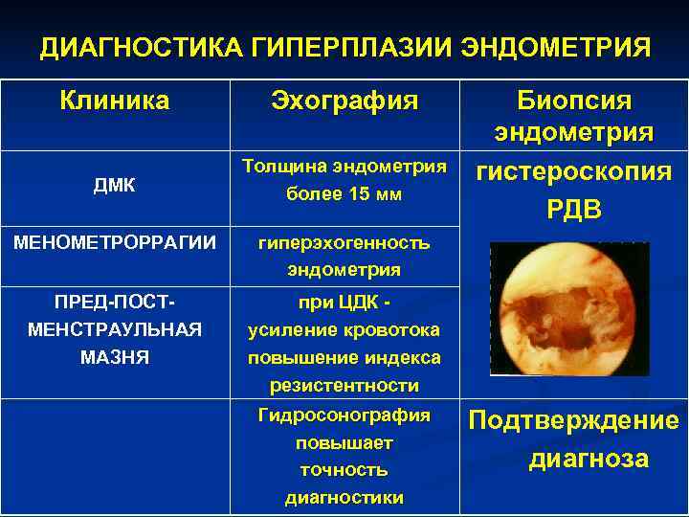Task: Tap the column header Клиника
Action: (114, 101)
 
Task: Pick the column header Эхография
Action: (344, 101)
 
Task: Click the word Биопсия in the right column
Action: (574, 101)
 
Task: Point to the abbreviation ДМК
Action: (114, 186)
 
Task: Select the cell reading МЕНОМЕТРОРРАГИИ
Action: (114, 241)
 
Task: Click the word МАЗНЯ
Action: (114, 358)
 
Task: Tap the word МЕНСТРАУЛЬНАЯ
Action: (114, 330)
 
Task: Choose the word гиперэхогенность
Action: (344, 242)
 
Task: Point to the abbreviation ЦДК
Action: (354, 303)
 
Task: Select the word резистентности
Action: (344, 386)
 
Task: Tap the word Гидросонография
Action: (344, 416)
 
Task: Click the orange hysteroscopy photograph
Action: (568, 306)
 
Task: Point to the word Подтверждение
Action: (573, 421)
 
